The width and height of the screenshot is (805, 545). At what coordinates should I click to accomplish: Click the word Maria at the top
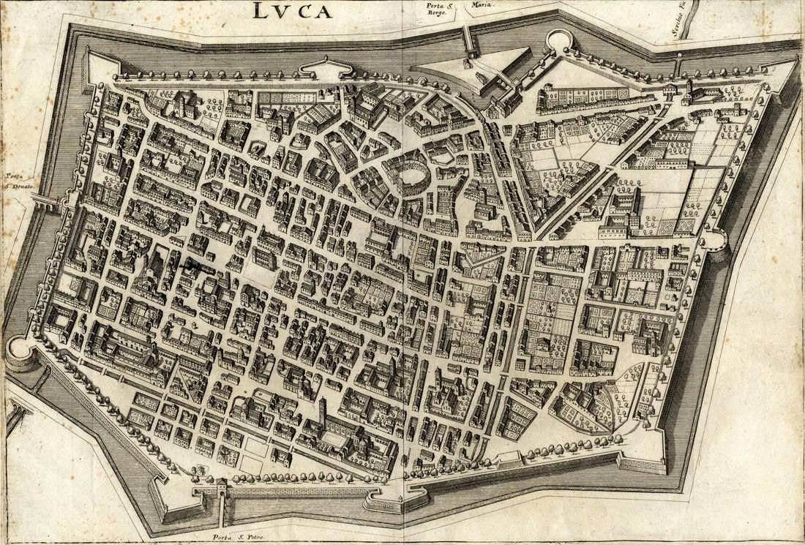tap(483, 4)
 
